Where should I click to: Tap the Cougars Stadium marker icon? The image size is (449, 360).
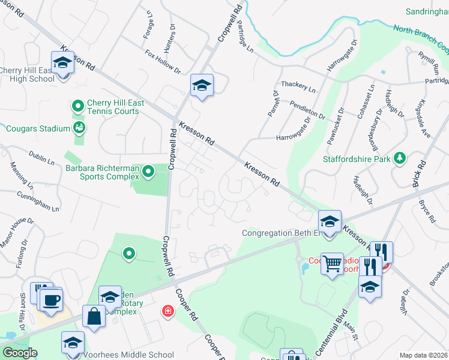(x=78, y=128)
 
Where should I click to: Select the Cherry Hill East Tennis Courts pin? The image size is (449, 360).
(x=77, y=107)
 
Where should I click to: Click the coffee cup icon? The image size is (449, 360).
(x=52, y=299)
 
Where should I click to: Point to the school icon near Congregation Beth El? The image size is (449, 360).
(x=330, y=222)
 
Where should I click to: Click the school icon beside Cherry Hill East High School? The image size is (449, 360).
(x=62, y=62)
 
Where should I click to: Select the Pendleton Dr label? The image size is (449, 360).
(x=307, y=109)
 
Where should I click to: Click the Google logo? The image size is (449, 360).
(x=20, y=353)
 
